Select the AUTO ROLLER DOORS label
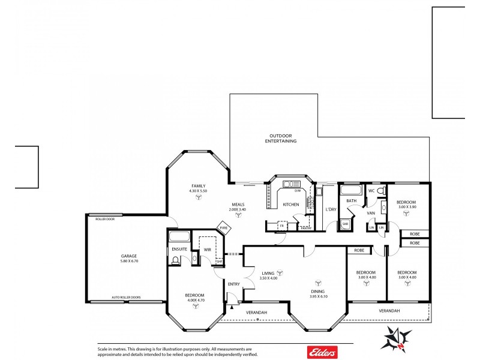click(x=127, y=297)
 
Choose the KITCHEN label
click(x=291, y=205)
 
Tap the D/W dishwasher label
click(x=297, y=191)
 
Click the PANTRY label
click(x=305, y=228)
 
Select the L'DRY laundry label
click(x=331, y=209)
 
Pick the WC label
click(x=371, y=191)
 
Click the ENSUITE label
click(x=179, y=248)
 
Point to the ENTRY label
click(x=233, y=284)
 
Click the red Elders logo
click(x=322, y=351)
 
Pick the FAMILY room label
click(x=199, y=186)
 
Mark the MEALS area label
click(x=238, y=204)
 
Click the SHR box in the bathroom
click(x=345, y=225)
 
